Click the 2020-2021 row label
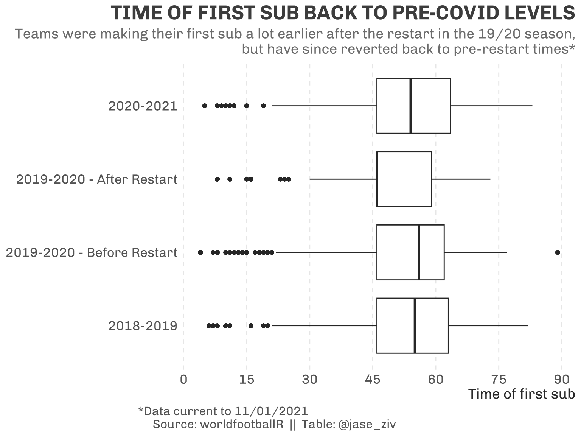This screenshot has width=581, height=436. point(143,106)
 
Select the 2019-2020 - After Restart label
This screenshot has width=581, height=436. point(96,179)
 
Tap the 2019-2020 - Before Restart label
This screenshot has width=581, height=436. point(92,252)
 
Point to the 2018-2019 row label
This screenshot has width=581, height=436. point(143,326)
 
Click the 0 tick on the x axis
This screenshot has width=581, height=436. point(184,379)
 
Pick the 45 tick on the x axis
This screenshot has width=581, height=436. point(373,379)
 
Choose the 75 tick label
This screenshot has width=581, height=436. point(499,379)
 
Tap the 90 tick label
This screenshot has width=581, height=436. point(562,379)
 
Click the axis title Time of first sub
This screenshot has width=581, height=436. point(522,394)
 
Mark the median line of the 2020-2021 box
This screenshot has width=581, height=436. point(410,106)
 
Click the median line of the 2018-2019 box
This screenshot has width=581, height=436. point(415,325)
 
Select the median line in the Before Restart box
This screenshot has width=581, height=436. point(419,252)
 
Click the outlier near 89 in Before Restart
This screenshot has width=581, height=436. point(558,252)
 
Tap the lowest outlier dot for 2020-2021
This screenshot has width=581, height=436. point(205,106)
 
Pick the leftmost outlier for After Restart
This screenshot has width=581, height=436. point(217,179)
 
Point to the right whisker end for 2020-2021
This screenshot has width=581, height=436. point(532,106)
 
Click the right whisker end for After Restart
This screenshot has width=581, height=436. point(490,179)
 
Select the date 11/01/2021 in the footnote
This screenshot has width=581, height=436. point(271,411)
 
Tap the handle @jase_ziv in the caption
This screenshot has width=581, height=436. point(367,425)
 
